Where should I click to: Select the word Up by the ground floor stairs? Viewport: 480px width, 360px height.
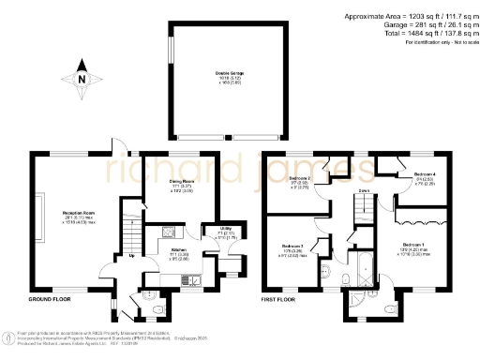130,256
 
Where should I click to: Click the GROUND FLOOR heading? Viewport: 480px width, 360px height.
51,301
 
